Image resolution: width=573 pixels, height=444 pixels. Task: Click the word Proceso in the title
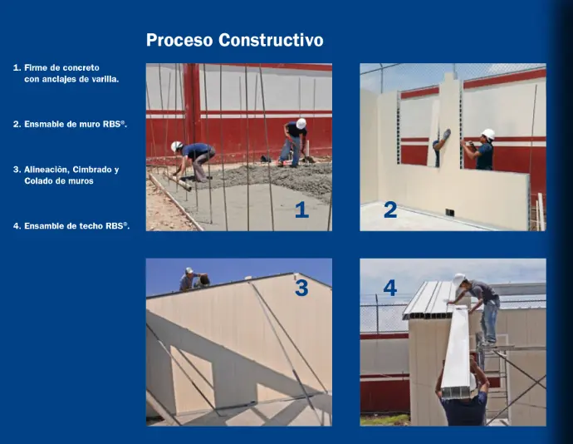179,40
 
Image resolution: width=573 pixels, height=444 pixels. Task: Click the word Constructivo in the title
271,40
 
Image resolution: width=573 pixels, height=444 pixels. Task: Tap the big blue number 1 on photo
301,210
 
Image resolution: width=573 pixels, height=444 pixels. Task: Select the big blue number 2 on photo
390,210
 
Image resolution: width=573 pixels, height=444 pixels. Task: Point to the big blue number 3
301,288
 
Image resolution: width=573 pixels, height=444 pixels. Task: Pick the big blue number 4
390,288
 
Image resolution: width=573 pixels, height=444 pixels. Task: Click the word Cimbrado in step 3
92,170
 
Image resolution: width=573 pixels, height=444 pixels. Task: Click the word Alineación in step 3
47,170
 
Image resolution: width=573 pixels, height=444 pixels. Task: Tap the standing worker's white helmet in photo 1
301,123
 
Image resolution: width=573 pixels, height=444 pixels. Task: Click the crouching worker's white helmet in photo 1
177,146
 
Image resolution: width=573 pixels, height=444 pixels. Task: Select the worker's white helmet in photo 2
488,134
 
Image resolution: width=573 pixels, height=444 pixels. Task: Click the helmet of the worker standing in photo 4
458,279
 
